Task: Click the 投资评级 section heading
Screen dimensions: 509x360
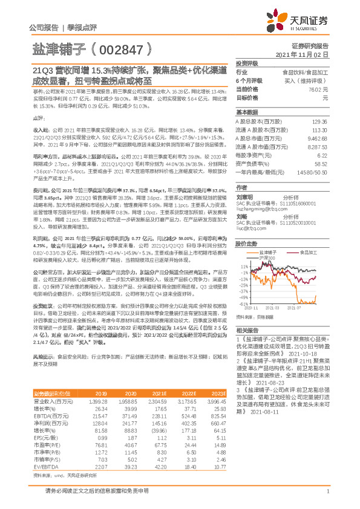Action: click(246, 63)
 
